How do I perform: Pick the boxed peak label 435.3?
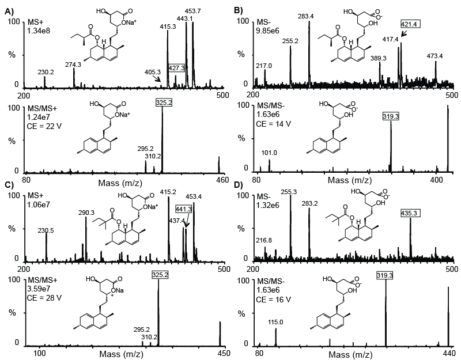410,213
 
